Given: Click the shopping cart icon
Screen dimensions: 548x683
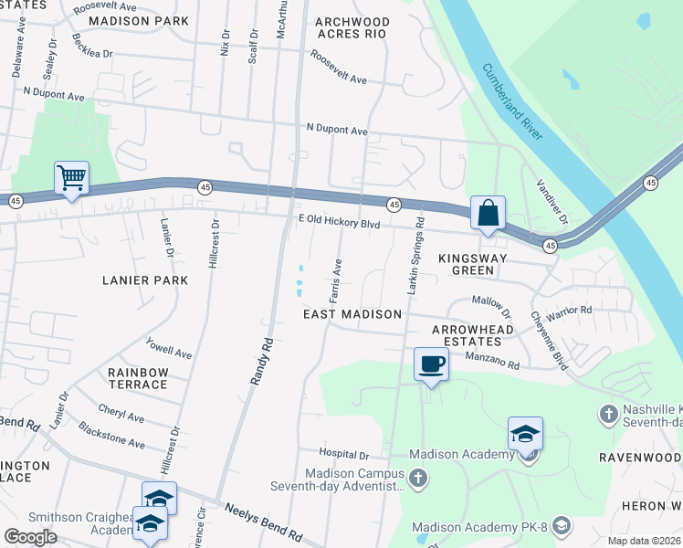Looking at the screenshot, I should coord(71,177).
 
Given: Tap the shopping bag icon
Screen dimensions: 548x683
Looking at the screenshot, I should coord(489,213).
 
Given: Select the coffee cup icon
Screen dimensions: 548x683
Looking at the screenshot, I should coord(431,364).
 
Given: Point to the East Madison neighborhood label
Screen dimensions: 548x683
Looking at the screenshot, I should coord(352,314).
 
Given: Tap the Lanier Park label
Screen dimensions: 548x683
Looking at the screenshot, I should coord(146,280).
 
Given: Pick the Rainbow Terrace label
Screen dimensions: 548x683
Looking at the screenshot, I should coord(138,378).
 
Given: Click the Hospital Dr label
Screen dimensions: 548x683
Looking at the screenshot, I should coord(343,454).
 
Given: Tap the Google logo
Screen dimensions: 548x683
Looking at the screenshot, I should coord(30,537).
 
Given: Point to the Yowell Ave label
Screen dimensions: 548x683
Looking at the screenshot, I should coord(169,349).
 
